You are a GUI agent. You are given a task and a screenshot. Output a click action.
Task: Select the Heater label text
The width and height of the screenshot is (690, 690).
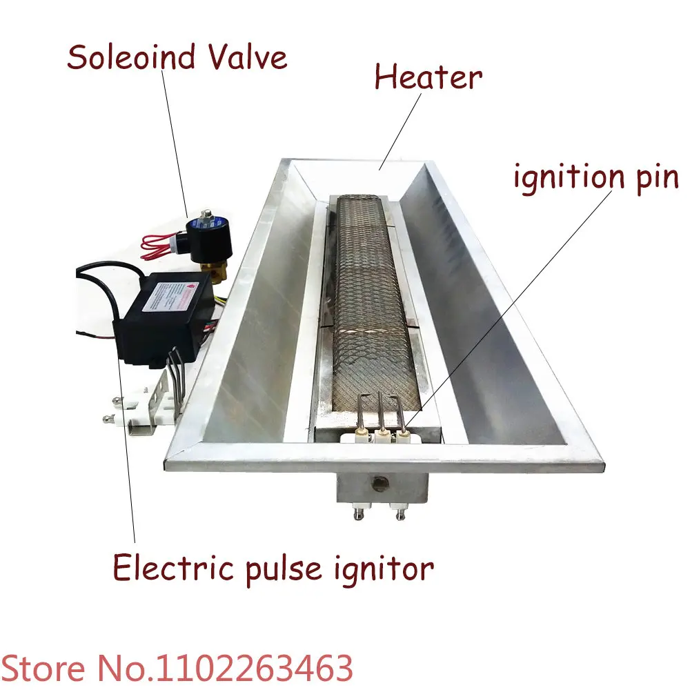[428, 77]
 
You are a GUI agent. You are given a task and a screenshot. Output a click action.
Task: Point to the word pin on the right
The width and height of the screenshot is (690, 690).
[655, 178]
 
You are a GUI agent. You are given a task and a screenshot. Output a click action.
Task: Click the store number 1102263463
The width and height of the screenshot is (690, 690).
[255, 668]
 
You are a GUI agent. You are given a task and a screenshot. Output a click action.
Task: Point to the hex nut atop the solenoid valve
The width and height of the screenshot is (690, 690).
[205, 219]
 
